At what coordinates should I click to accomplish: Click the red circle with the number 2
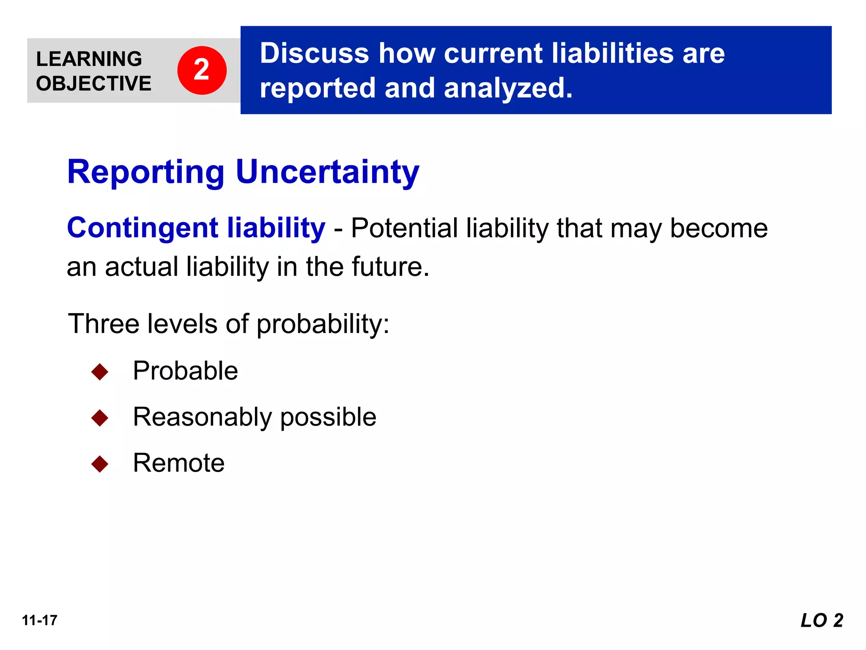click(x=202, y=70)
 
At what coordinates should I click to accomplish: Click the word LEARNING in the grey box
click(x=89, y=59)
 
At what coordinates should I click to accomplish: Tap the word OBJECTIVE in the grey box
click(x=93, y=83)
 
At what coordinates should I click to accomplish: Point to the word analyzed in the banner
click(x=508, y=88)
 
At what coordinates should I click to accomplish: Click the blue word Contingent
click(x=143, y=228)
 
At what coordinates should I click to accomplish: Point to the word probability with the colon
click(x=323, y=325)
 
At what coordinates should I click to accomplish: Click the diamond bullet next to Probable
click(x=100, y=372)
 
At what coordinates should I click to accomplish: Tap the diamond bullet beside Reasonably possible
click(x=100, y=418)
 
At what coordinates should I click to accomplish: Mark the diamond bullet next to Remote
click(x=100, y=464)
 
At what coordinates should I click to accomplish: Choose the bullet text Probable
click(x=185, y=371)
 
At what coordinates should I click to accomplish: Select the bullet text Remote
click(x=178, y=463)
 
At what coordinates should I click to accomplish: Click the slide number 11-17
click(x=40, y=620)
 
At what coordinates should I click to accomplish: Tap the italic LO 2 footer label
click(x=822, y=620)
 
